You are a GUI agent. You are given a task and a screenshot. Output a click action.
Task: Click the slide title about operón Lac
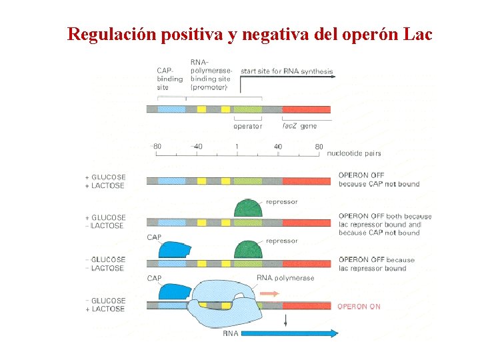[250, 33]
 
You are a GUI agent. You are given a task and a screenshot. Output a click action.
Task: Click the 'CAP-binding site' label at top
[169, 79]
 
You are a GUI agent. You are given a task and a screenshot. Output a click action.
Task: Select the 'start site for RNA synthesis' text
[287, 71]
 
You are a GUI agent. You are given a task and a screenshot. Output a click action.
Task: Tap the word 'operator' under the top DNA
[247, 126]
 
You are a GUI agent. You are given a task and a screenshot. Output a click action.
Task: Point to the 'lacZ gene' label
[299, 125]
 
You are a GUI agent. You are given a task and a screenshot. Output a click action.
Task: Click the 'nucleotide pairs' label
[354, 153]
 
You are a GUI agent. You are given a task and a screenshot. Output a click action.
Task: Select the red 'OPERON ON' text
[359, 307]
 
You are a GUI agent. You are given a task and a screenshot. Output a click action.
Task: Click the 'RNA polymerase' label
[285, 278]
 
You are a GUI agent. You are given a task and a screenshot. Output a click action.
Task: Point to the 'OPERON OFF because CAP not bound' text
[379, 180]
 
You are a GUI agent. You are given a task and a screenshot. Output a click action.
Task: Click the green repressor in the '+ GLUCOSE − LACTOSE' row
[248, 209]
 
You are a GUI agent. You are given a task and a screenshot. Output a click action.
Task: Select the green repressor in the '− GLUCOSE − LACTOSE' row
[248, 249]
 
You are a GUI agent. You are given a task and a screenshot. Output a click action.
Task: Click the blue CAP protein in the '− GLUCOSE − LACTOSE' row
[171, 249]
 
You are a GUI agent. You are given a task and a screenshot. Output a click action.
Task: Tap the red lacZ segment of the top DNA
[306, 109]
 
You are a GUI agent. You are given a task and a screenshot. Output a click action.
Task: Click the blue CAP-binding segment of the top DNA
[172, 109]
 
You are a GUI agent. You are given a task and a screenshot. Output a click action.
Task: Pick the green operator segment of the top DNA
[248, 109]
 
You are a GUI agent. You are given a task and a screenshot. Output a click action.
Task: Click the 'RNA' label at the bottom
[230, 333]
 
